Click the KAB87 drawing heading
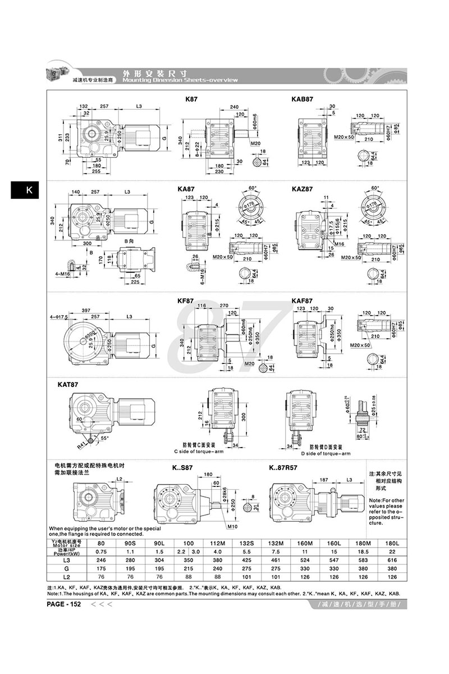tap(302, 98)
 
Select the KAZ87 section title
tap(302, 190)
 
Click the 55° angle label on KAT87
tap(106, 437)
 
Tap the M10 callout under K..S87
tap(232, 527)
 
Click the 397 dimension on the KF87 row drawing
tap(86, 310)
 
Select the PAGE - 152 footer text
tap(66, 604)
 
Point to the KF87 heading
tap(185, 301)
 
